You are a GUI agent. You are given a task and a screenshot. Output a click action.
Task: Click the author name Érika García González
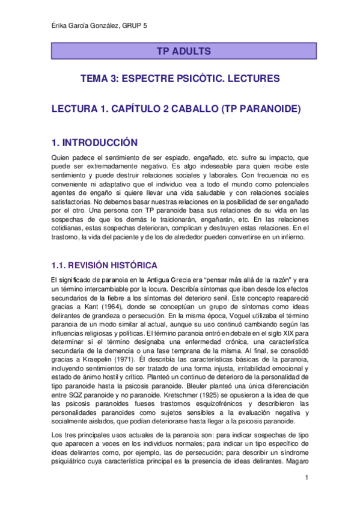(84, 26)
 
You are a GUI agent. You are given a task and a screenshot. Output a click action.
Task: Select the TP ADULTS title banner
(183, 51)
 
